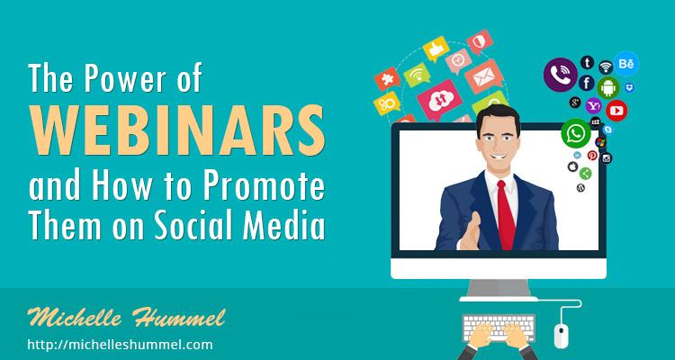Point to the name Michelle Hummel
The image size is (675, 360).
click(126, 318)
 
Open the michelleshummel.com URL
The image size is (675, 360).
click(120, 345)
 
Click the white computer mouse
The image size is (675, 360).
click(561, 336)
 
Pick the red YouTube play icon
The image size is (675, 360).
click(616, 111)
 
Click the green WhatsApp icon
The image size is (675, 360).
click(576, 133)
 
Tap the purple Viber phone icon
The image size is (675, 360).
click(561, 75)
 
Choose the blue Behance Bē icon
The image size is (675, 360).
click(626, 64)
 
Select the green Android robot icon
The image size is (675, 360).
click(607, 87)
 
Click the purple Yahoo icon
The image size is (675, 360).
click(594, 105)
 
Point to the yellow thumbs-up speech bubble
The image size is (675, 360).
click(436, 49)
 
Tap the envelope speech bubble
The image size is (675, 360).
click(484, 76)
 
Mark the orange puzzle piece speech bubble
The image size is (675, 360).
click(387, 78)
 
